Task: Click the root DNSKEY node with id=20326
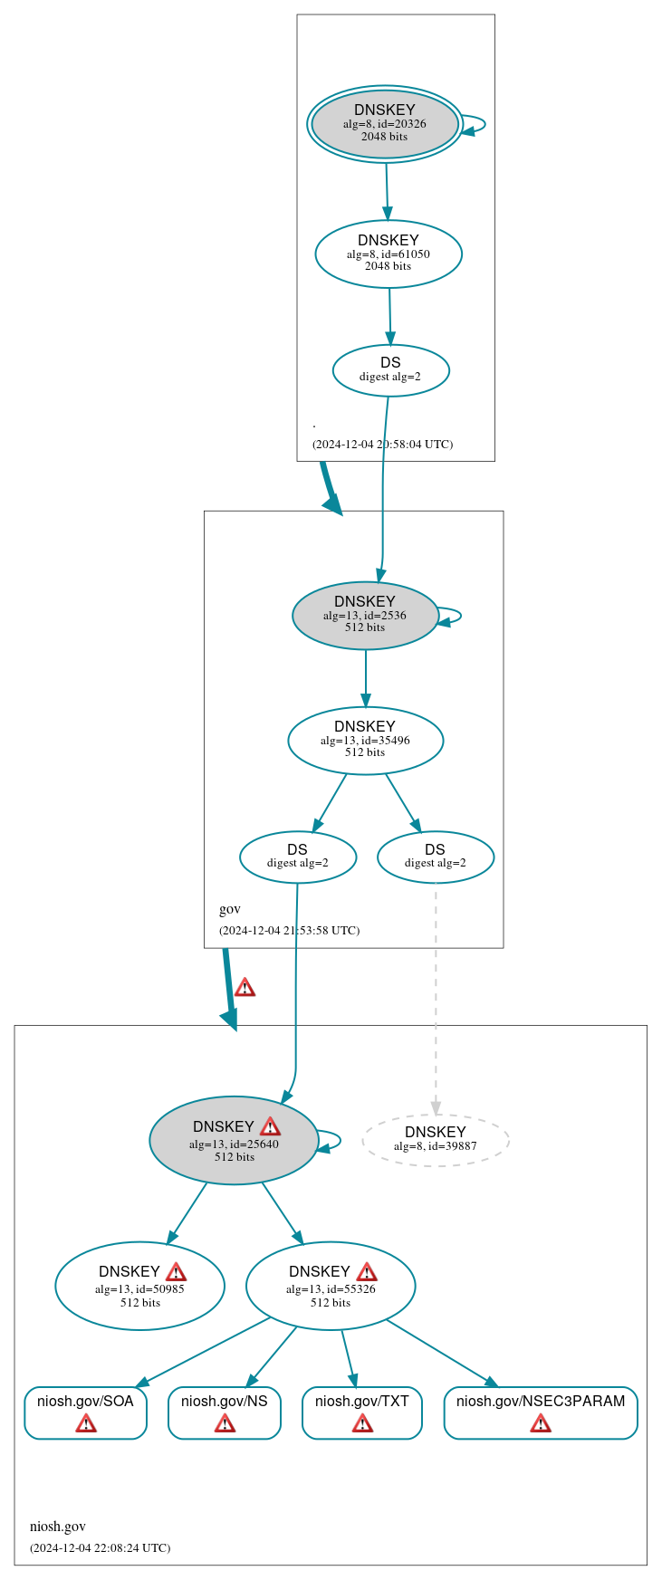coord(385,124)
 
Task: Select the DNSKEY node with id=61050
coord(389,254)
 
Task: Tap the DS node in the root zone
coord(390,369)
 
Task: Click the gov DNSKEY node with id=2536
coord(365,615)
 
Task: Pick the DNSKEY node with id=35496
coord(365,740)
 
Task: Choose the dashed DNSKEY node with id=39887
coord(436,1139)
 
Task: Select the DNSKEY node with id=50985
coord(139,1286)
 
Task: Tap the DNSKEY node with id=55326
coord(331,1286)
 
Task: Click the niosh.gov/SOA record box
coord(85,1412)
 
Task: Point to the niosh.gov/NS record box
coord(225,1412)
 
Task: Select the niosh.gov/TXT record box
coord(362,1412)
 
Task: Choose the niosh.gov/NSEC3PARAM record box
coord(541,1412)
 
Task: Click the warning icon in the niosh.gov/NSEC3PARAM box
coord(541,1423)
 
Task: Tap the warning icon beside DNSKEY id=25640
coord(270,1126)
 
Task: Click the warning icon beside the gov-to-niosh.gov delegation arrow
coord(245,987)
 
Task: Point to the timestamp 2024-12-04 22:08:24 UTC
coord(101,1547)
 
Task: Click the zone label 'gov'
coord(230,909)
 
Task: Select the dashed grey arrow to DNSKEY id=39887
coord(436,996)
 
